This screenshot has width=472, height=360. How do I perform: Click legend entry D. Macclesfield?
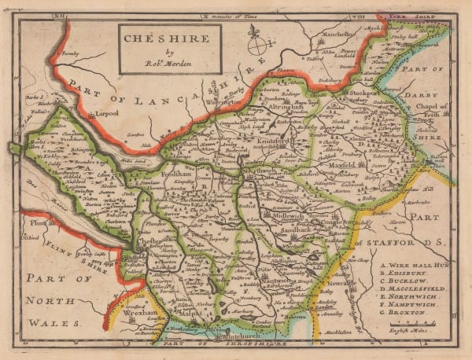(413, 289)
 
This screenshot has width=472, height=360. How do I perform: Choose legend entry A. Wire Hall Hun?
(415, 263)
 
